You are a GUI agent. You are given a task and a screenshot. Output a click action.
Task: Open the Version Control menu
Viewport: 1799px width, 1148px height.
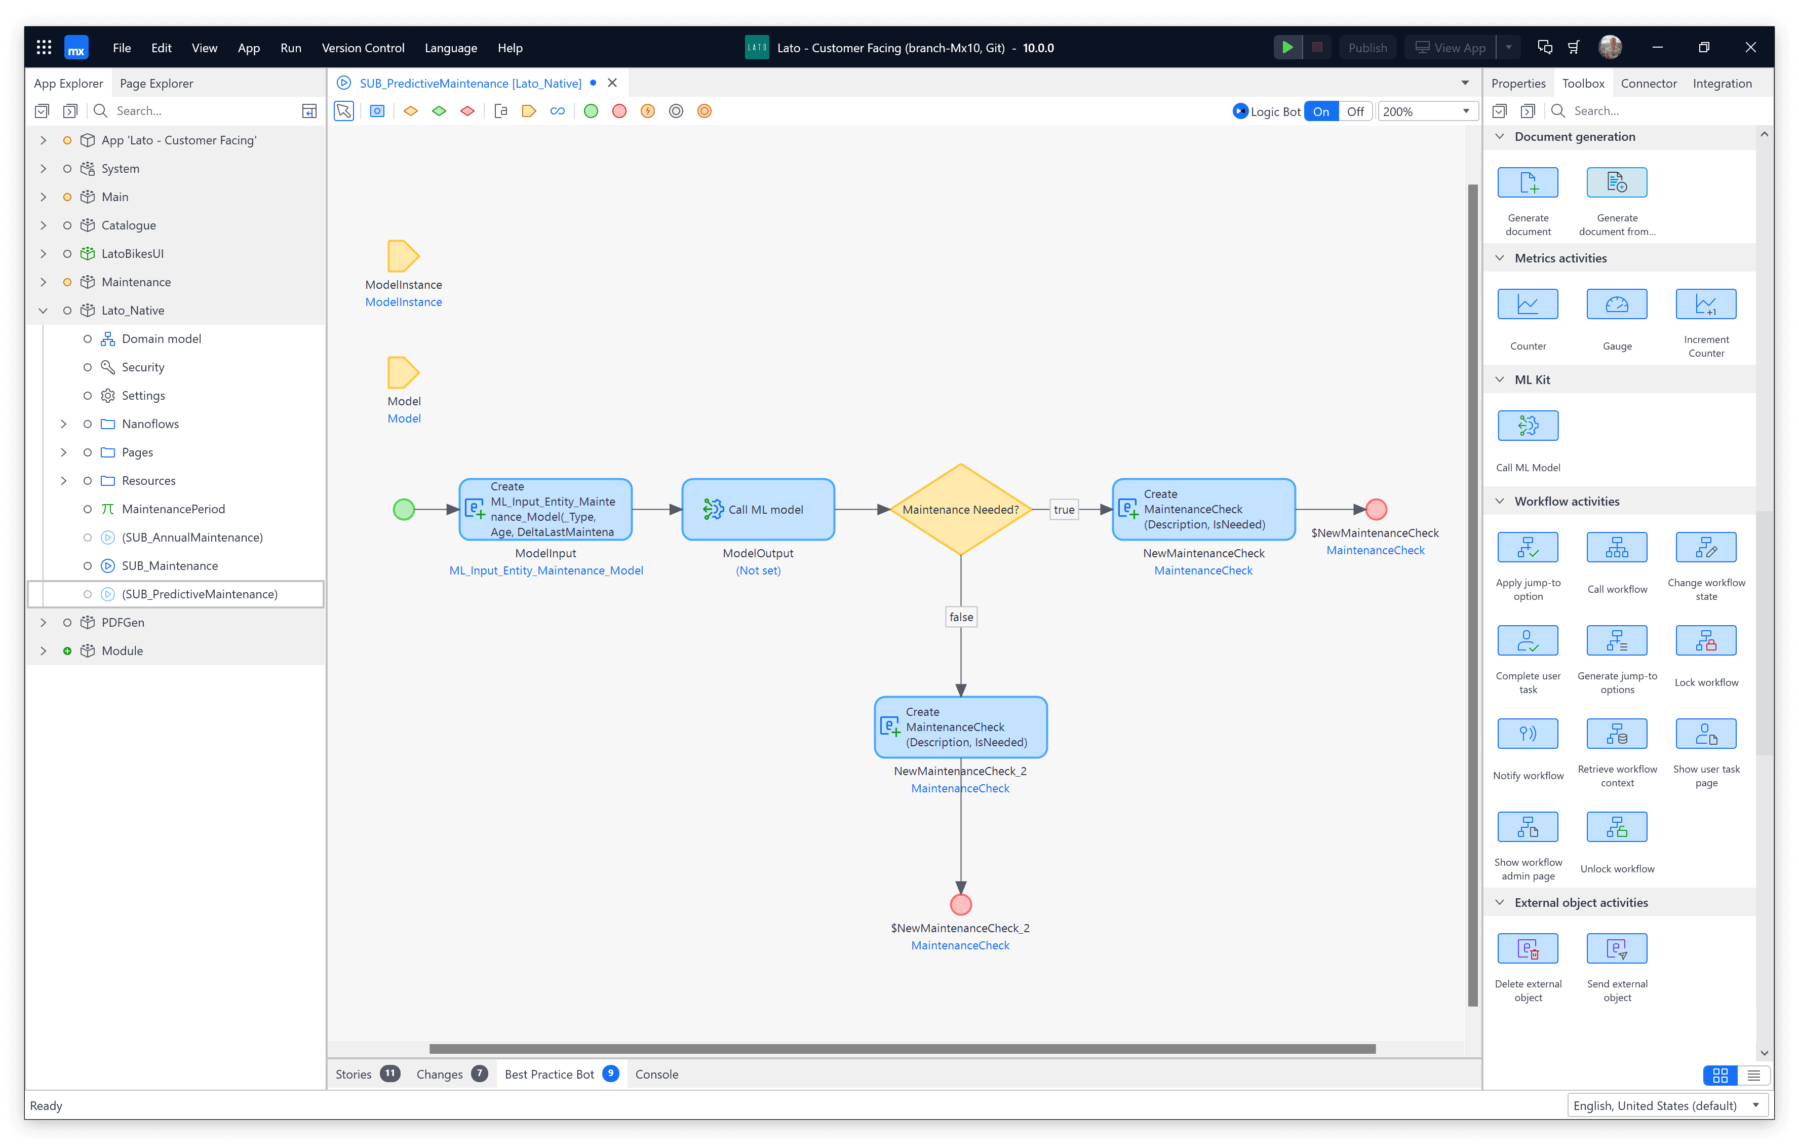[x=363, y=48]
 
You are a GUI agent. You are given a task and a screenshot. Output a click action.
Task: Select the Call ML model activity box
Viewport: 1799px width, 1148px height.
[x=758, y=510]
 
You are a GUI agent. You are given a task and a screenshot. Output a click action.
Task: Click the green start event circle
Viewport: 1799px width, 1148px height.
[x=404, y=510]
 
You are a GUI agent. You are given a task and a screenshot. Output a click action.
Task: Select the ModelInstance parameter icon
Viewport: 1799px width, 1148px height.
[x=403, y=256]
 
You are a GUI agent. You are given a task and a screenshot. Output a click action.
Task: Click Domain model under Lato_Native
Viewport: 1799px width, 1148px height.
[x=162, y=338]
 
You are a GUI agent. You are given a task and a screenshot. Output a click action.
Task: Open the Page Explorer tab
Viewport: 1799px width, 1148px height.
[x=156, y=84]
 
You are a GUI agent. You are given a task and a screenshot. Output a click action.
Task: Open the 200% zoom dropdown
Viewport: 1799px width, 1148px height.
[x=1426, y=111]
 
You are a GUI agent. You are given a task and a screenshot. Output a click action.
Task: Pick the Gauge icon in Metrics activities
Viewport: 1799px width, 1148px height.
[x=1617, y=305]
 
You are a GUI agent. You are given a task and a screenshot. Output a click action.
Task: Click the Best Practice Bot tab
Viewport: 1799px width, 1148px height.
[x=550, y=1074]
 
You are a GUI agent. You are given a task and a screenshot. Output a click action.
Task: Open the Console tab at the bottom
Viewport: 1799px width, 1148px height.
[x=657, y=1074]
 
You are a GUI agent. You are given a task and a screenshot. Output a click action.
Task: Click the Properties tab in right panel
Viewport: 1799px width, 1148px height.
[x=1518, y=84]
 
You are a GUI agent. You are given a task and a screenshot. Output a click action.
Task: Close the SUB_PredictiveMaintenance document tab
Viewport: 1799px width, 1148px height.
[x=613, y=83]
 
